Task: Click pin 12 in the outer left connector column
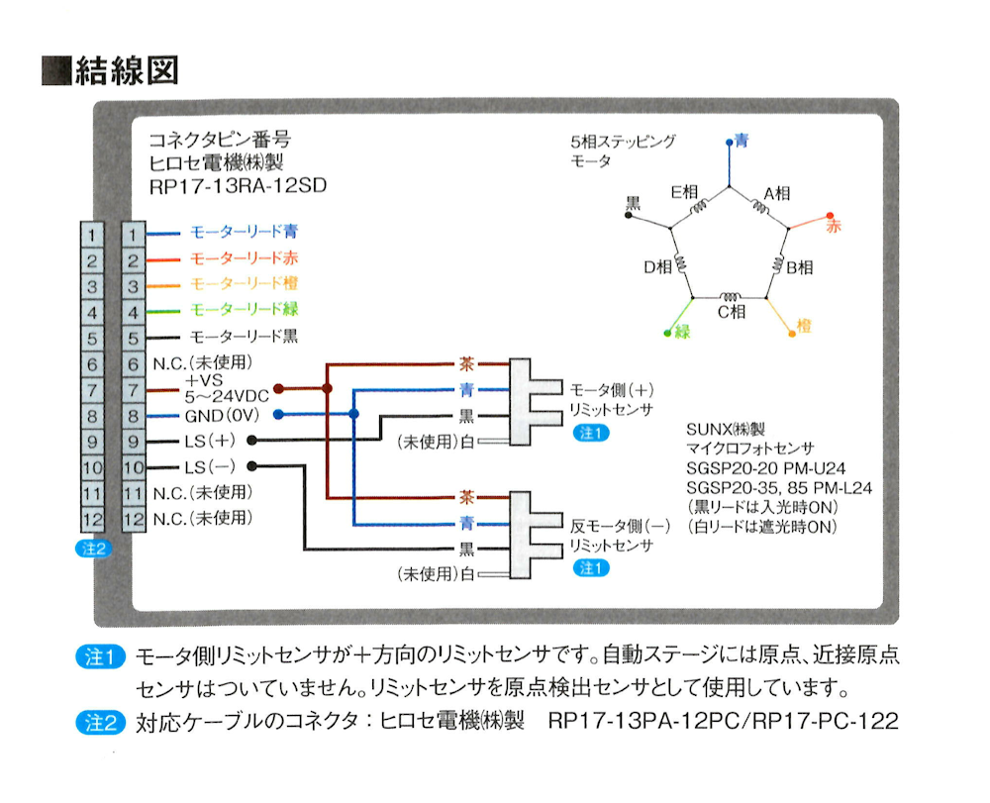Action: tap(90, 518)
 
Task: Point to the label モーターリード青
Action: tap(243, 234)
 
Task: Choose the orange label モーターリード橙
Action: tap(243, 285)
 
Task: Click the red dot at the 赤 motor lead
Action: tap(829, 215)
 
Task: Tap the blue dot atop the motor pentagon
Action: tap(730, 143)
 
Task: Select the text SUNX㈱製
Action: tap(726, 431)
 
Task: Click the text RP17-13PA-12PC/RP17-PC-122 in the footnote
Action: tap(722, 720)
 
